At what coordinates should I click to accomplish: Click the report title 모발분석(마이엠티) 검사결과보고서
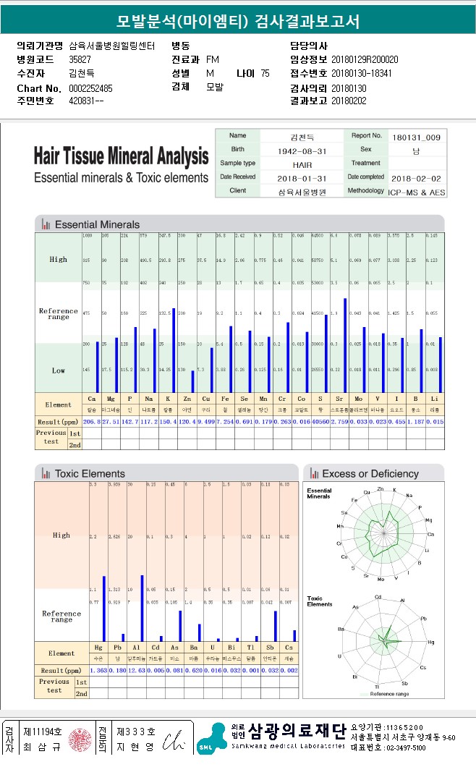click(238, 20)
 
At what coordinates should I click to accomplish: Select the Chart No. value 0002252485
click(91, 88)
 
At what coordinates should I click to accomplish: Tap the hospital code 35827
click(80, 59)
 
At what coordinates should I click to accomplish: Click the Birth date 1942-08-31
click(302, 151)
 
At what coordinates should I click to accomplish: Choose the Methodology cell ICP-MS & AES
click(417, 192)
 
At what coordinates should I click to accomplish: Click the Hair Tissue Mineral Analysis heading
click(121, 156)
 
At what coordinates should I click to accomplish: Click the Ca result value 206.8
click(92, 421)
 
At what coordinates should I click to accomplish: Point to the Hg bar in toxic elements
click(104, 608)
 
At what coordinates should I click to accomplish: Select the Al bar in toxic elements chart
click(142, 607)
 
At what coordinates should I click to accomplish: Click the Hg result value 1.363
click(98, 671)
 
